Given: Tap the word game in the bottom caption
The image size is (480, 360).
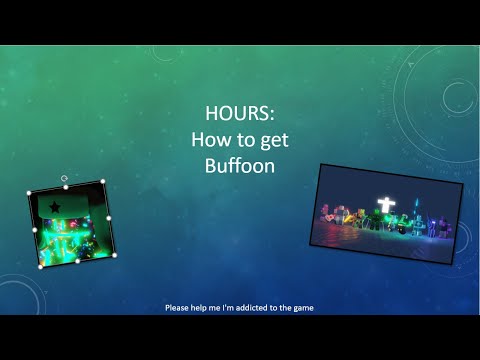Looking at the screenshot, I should (303, 308).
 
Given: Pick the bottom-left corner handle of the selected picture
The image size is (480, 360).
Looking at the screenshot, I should (40, 267).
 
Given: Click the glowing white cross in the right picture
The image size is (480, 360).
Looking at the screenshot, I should (383, 207).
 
